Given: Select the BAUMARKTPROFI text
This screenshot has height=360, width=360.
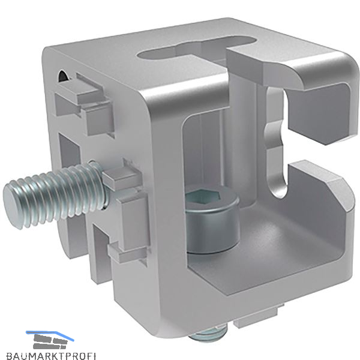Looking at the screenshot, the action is click(51, 356).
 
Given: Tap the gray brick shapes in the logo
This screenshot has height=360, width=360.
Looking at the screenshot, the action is click(50, 341).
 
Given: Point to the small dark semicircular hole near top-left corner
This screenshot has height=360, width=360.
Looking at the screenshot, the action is click(62, 76).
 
